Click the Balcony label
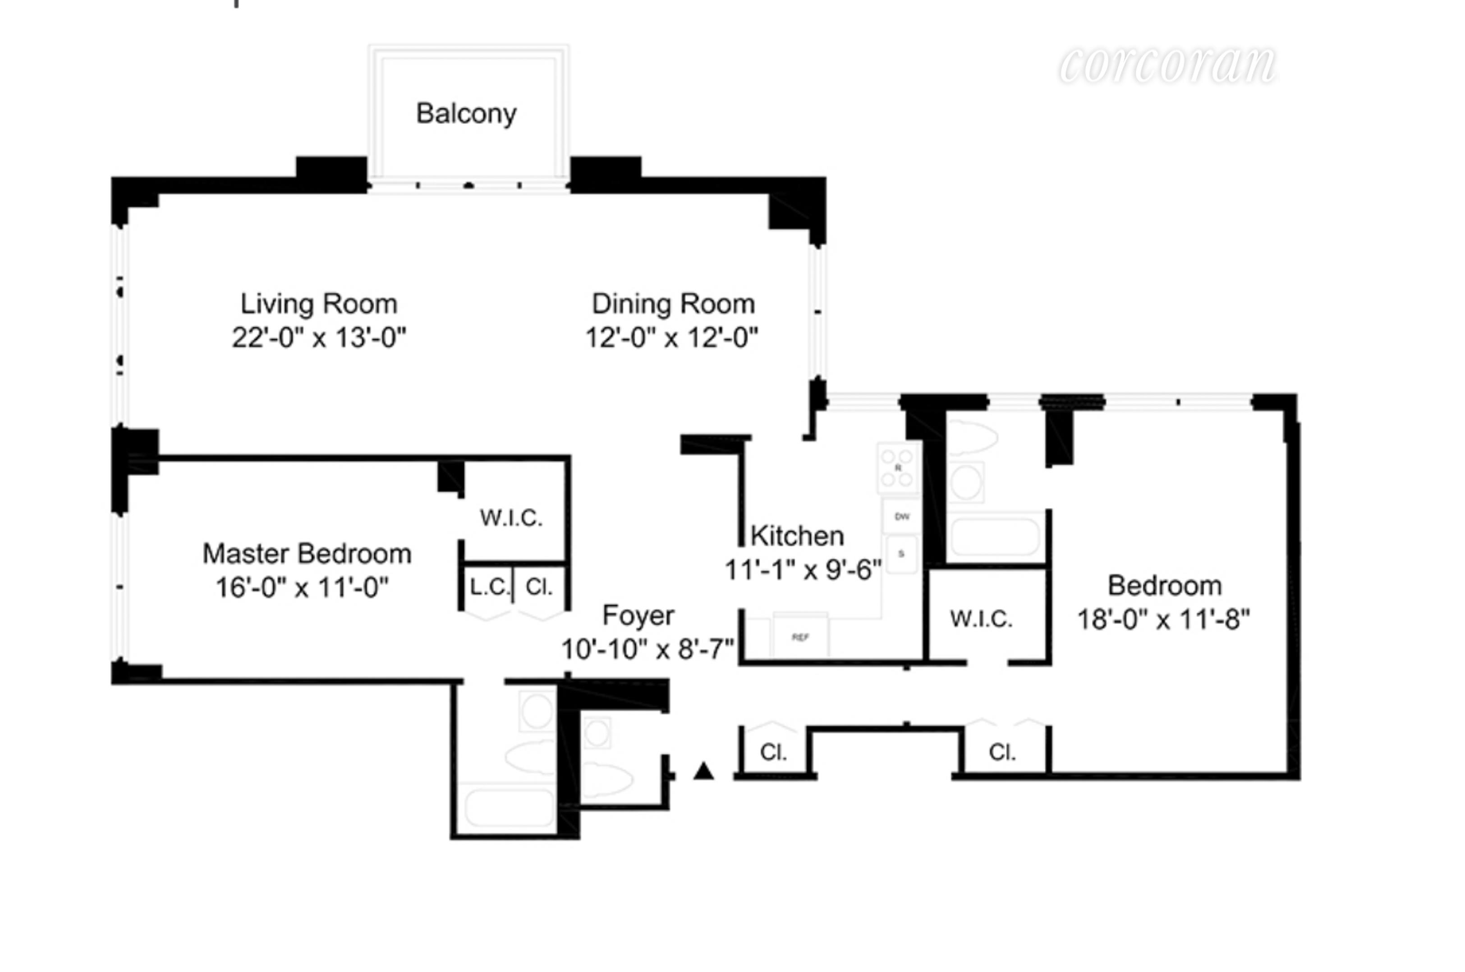[x=466, y=113]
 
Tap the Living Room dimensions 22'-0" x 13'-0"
[x=318, y=338]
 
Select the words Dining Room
[x=673, y=304]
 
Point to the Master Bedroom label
[x=307, y=554]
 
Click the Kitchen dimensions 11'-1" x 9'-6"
[x=802, y=569]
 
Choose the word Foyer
[x=638, y=616]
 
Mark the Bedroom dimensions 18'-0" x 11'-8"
[x=1163, y=619]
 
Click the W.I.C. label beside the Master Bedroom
[x=511, y=518]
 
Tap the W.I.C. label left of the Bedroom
[x=981, y=619]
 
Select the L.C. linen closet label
[x=489, y=587]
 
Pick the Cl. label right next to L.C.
[x=538, y=587]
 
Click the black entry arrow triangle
[x=704, y=771]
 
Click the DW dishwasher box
[x=902, y=516]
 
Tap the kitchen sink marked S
[x=901, y=554]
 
